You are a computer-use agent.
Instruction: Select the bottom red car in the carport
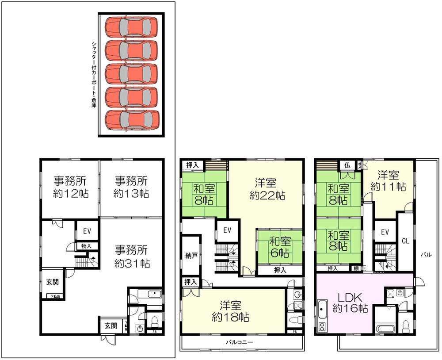131,119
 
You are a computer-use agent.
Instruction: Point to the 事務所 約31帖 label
132,256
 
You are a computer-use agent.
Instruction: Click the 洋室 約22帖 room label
267,188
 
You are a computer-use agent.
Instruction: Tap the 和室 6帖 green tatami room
279,247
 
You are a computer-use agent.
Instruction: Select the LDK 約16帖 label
351,303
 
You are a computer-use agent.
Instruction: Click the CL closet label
404,241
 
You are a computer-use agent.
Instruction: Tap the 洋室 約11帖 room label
388,180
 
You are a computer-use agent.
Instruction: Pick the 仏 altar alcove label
347,165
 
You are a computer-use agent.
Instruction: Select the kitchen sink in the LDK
322,306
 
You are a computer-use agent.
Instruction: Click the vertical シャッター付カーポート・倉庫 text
94,75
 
